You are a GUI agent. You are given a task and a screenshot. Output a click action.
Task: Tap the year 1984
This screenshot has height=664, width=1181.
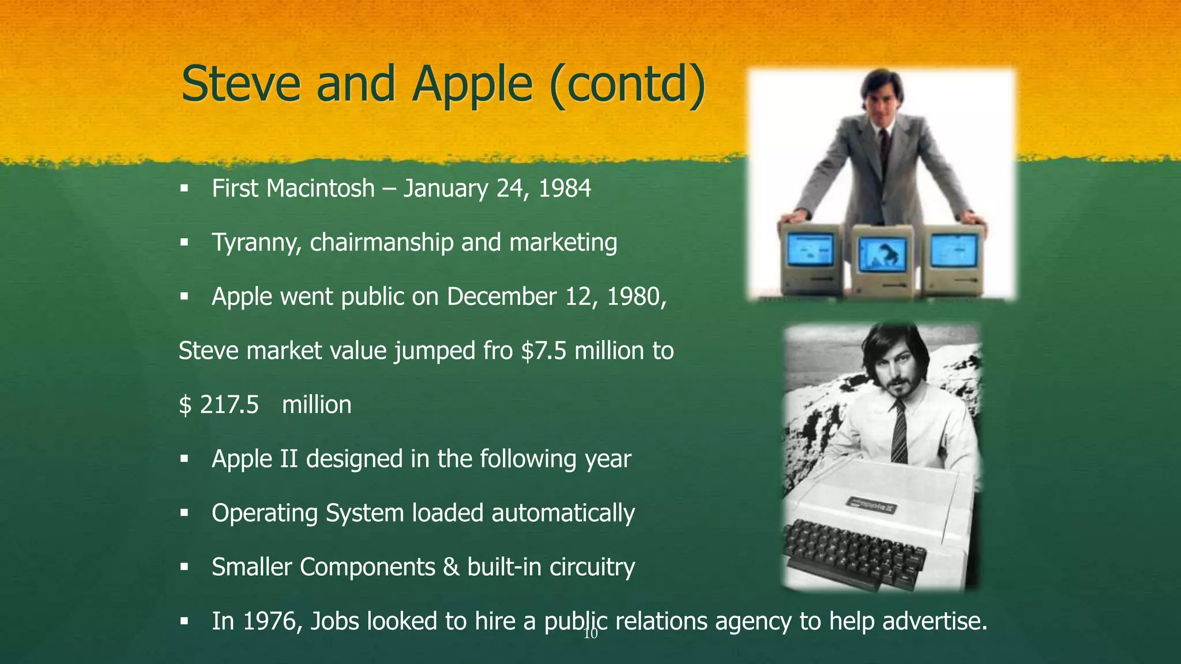point(565,188)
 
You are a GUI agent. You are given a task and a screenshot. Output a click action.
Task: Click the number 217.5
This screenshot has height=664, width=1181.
point(229,405)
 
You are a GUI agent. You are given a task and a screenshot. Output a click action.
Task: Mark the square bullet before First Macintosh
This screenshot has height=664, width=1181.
point(185,188)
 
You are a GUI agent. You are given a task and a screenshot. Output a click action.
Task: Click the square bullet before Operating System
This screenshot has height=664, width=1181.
point(185,513)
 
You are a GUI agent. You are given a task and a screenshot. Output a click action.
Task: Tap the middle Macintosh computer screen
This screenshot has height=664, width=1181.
point(882,255)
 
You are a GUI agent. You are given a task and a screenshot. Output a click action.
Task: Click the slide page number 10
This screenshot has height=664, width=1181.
point(590,635)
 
